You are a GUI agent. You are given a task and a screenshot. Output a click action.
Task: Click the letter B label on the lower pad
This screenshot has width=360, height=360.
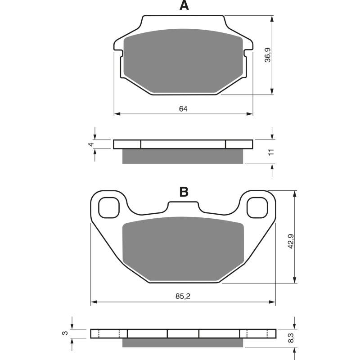pyautogui.click(x=184, y=192)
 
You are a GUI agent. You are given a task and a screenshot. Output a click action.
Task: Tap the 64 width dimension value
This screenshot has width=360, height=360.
pyautogui.click(x=183, y=109)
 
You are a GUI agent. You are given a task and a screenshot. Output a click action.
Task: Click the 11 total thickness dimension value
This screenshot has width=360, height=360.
pyautogui.click(x=270, y=152)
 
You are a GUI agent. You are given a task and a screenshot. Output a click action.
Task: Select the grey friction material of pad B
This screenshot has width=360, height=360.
pyautogui.click(x=183, y=250)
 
